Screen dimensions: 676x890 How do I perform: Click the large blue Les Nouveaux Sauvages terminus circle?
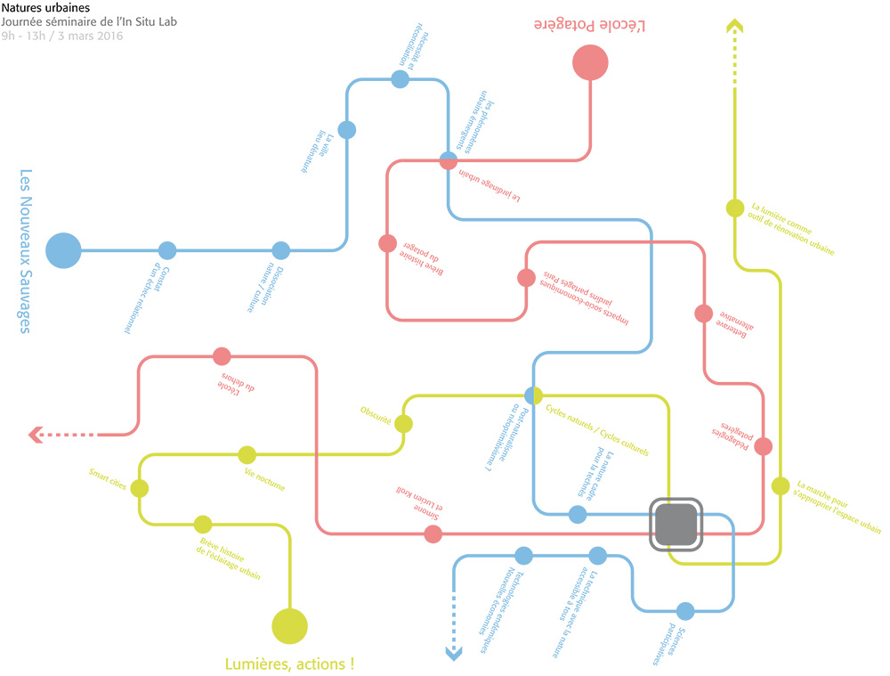(63, 250)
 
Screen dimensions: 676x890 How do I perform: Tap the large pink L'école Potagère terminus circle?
(590, 63)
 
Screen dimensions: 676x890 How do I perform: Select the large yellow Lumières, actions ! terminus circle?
(289, 625)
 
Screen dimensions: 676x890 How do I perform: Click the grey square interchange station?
(676, 523)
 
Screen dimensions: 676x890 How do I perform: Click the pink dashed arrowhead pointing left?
(36, 435)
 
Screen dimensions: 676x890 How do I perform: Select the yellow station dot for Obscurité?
(403, 424)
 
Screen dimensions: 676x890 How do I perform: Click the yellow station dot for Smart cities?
(140, 488)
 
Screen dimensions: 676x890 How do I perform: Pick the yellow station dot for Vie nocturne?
(247, 454)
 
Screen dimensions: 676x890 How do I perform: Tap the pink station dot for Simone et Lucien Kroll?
(433, 534)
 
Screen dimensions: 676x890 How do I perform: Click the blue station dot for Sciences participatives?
(685, 611)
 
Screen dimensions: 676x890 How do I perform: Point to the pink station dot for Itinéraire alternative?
(704, 314)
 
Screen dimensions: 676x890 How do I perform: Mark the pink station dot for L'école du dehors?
(222, 356)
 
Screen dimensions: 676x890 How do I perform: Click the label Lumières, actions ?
(290, 664)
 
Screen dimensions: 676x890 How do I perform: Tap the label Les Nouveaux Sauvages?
(25, 251)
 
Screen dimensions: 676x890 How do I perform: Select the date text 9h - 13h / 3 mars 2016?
(62, 37)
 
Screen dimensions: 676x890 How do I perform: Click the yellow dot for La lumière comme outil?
(735, 208)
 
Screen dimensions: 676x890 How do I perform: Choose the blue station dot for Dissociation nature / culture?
(281, 250)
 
